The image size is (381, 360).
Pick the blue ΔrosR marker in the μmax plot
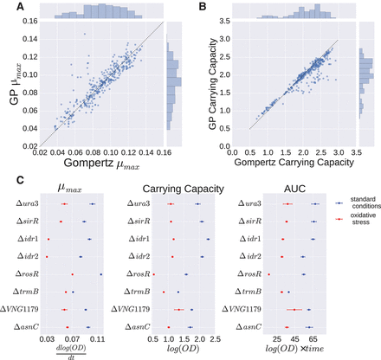point(101,274)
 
